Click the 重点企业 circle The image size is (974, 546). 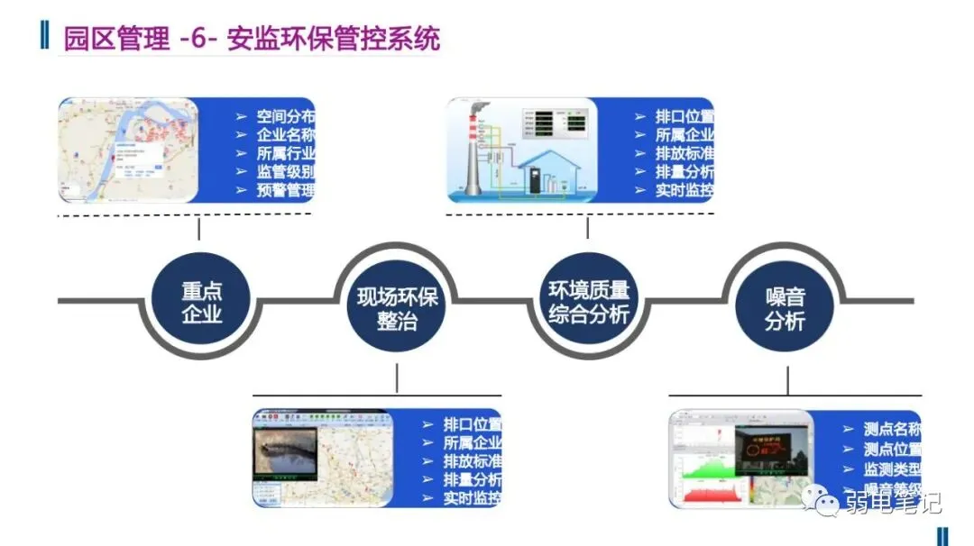point(201,302)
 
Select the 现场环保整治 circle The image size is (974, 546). point(397,308)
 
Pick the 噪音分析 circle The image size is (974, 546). point(785,308)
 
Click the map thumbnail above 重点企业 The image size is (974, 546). point(128,150)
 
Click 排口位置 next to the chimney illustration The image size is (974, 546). point(684,117)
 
